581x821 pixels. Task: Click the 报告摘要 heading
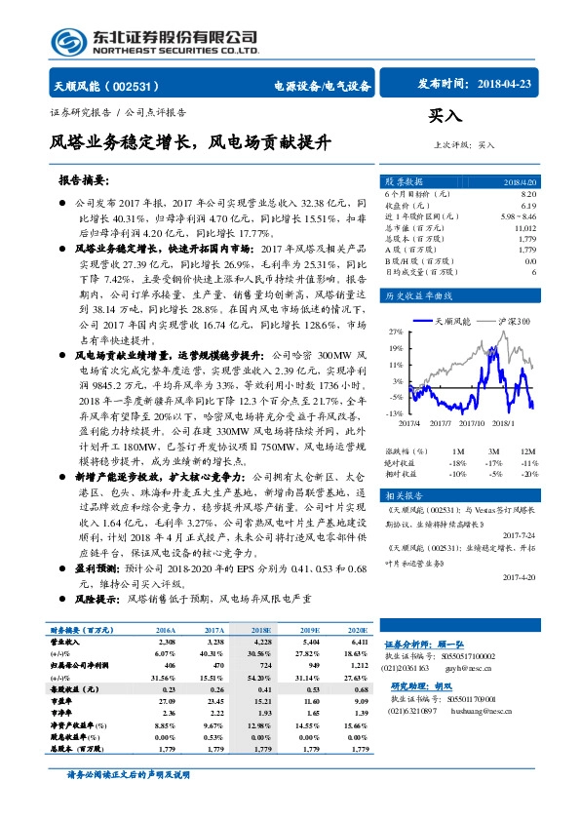click(84, 180)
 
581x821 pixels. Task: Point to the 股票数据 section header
click(404, 182)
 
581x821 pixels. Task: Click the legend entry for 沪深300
click(510, 319)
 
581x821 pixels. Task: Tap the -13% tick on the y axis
click(394, 414)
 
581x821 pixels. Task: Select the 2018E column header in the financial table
click(261, 631)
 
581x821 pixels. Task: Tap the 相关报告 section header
click(404, 494)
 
